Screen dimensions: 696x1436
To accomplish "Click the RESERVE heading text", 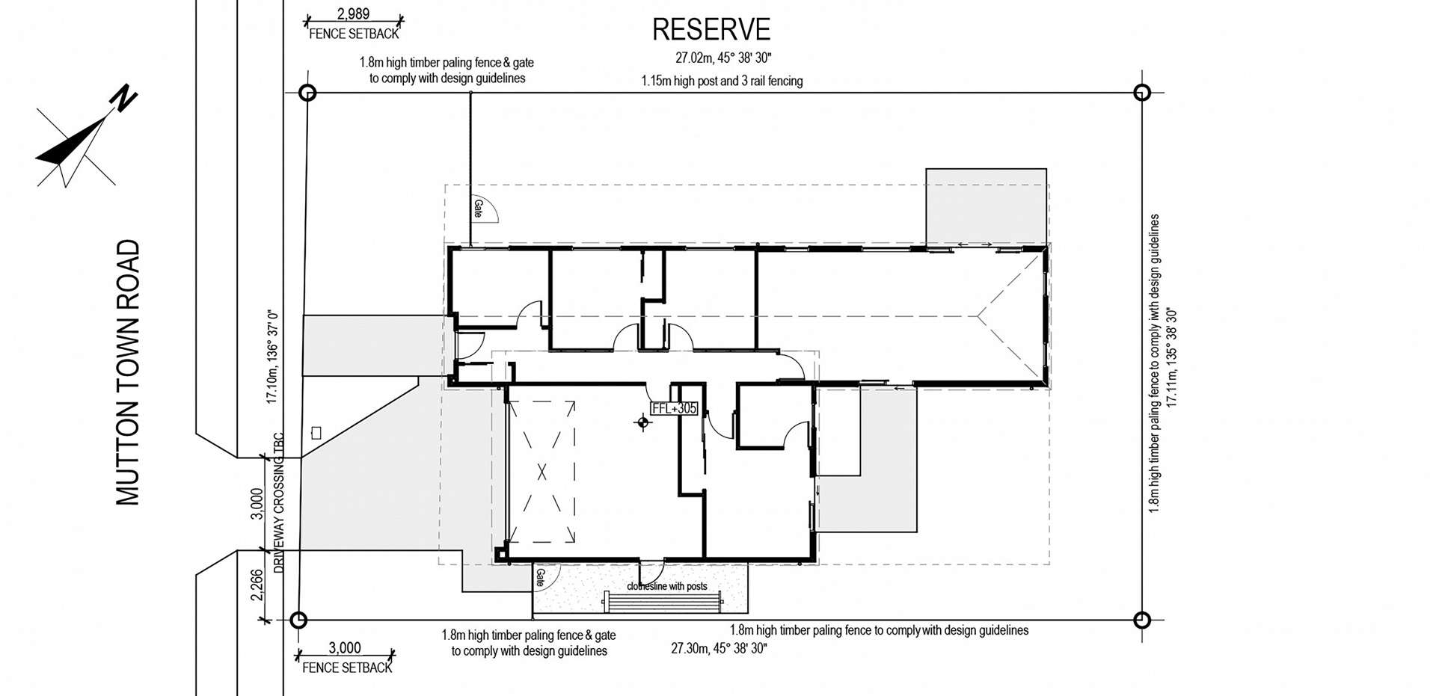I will point(711,30).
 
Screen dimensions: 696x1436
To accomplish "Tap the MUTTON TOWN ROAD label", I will point(129,372).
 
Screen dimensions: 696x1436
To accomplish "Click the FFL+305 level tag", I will point(674,408).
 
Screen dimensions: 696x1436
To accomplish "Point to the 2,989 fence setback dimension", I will point(353,14).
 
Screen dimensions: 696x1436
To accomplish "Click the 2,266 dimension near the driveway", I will point(257,585).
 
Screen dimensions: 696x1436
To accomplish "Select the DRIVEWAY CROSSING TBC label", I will point(279,502).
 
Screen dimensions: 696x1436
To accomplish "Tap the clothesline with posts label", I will point(666,586).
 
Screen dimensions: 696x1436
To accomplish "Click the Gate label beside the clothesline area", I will point(540,576).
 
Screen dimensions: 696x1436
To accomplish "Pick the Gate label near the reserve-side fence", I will point(478,209).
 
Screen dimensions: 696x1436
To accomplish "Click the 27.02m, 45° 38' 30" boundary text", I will point(723,58).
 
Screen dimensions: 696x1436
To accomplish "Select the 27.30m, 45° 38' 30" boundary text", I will point(719,648).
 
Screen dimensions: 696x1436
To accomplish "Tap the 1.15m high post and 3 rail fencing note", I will point(722,81).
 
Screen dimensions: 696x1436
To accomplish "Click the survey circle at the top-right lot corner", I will point(1141,93).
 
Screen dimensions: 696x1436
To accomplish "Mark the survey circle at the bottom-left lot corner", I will point(298,620).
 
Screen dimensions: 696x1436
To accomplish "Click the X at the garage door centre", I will point(542,472).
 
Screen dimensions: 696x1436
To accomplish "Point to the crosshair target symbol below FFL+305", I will point(642,424).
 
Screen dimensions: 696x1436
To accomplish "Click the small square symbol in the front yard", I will point(316,433).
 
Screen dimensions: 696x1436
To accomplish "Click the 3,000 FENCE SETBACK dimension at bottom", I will point(345,648).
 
